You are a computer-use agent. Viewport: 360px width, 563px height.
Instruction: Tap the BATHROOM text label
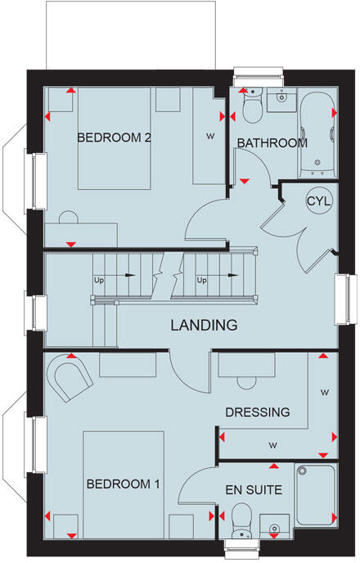click(x=272, y=142)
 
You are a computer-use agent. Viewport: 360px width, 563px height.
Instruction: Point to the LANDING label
click(x=204, y=325)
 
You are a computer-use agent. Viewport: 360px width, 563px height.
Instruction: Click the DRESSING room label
click(x=257, y=412)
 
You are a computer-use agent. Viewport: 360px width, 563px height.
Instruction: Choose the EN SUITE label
click(x=255, y=491)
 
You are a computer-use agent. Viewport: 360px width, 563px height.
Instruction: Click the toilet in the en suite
click(x=241, y=519)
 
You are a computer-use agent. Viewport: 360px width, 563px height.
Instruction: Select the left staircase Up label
click(x=100, y=280)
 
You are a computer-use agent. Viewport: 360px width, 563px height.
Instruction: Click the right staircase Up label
click(x=202, y=280)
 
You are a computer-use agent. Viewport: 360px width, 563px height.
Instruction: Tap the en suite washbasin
click(x=275, y=524)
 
